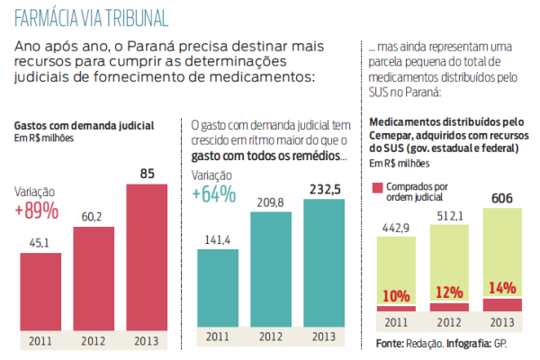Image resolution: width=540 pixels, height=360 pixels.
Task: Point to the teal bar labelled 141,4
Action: click(219, 290)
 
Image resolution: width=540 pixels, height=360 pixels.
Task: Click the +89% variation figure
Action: click(37, 211)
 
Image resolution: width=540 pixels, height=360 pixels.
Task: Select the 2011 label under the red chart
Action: click(41, 341)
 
